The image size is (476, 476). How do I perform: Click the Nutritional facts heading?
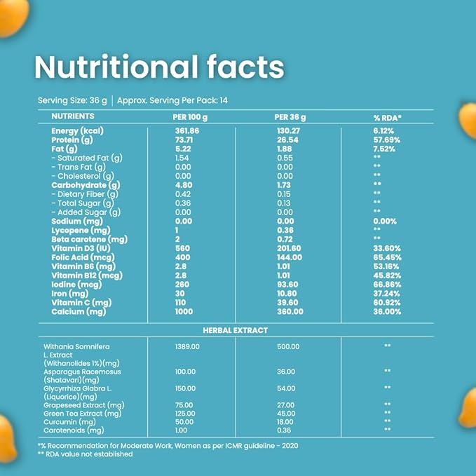pyautogui.click(x=159, y=67)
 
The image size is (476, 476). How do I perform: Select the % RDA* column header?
pyautogui.click(x=387, y=116)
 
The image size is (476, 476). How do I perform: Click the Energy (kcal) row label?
pyautogui.click(x=77, y=131)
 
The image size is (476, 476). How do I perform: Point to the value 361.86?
pyautogui.click(x=187, y=131)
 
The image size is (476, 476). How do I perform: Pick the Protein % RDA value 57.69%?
pyautogui.click(x=388, y=140)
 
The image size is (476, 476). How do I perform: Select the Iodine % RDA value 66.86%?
pyautogui.click(x=388, y=284)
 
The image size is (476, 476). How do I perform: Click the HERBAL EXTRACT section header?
pyautogui.click(x=237, y=329)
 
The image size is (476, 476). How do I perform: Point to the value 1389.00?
pyautogui.click(x=188, y=346)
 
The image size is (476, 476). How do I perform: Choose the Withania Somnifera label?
pyautogui.click(x=76, y=346)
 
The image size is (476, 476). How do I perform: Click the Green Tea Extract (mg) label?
pyautogui.click(x=83, y=413)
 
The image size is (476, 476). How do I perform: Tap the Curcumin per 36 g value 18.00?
pyautogui.click(x=285, y=421)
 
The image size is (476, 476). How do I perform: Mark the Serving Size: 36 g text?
pyautogui.click(x=72, y=100)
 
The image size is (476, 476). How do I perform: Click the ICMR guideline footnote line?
pyautogui.click(x=172, y=445)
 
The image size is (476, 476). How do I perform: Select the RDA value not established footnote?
pyautogui.click(x=85, y=454)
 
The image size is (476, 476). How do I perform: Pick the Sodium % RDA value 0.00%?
pyautogui.click(x=387, y=220)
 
